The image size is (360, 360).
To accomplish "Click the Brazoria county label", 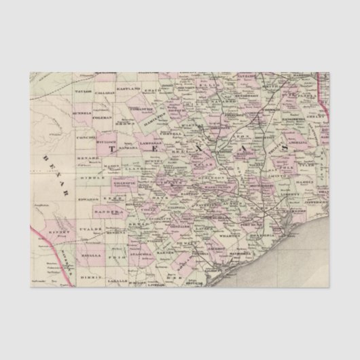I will (x=260, y=237).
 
